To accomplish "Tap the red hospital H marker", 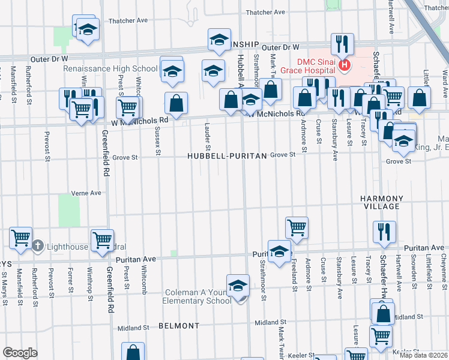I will (345, 64).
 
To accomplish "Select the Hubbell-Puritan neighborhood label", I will (226, 155).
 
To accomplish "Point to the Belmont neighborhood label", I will (179, 326).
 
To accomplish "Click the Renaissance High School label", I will (111, 68).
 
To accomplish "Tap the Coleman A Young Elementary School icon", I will (238, 286).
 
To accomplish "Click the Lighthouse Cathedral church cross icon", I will (37, 246).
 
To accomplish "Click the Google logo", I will (20, 353).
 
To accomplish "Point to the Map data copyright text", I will (424, 355).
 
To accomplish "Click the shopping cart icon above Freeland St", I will (297, 227).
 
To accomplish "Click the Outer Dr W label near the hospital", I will (280, 47).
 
